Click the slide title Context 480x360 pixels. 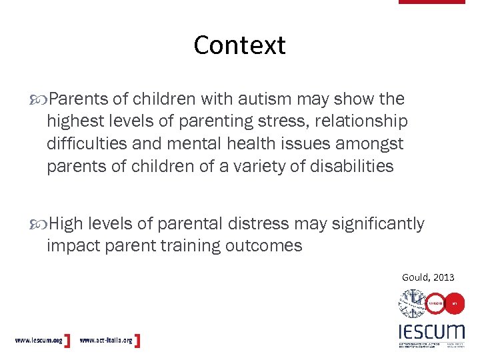point(239,45)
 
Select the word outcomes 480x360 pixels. point(263,245)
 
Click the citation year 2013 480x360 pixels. point(443,277)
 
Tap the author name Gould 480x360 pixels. point(415,277)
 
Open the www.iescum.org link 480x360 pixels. point(38,341)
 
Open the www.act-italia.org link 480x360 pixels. point(106,341)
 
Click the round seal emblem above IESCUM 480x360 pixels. point(412,303)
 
